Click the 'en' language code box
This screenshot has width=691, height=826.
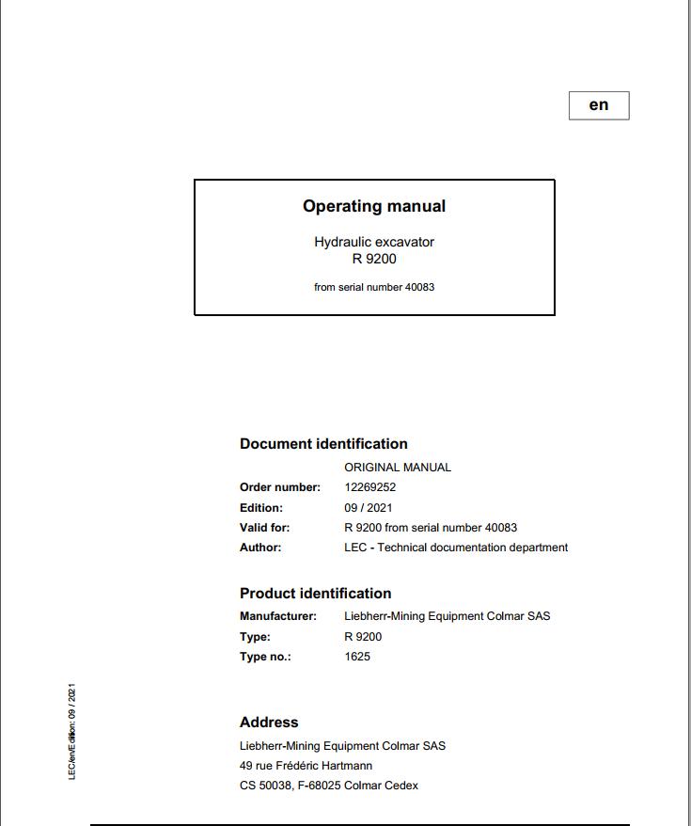(x=599, y=105)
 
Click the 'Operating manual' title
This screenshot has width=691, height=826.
(x=374, y=206)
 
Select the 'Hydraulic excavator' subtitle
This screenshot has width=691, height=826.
(x=374, y=242)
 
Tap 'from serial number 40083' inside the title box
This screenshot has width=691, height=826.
(x=374, y=287)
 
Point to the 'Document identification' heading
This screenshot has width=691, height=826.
(x=323, y=444)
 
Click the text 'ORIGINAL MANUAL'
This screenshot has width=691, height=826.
(x=398, y=468)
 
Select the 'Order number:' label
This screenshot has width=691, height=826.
(x=280, y=487)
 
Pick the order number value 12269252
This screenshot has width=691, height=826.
(x=370, y=487)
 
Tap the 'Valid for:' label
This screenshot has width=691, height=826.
(x=265, y=528)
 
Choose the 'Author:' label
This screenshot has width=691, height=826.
(x=260, y=548)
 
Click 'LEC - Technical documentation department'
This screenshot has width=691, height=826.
(x=456, y=548)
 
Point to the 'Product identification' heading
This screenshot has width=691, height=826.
(x=315, y=594)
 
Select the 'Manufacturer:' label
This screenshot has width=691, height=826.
(x=278, y=616)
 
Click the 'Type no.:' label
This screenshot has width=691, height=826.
(x=265, y=657)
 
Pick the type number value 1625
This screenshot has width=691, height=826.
(x=357, y=657)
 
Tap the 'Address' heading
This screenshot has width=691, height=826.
(x=269, y=723)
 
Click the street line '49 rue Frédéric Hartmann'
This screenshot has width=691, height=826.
(x=306, y=766)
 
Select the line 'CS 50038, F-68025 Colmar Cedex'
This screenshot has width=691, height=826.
(x=329, y=786)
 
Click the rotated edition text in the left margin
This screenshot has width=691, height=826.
(x=72, y=731)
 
